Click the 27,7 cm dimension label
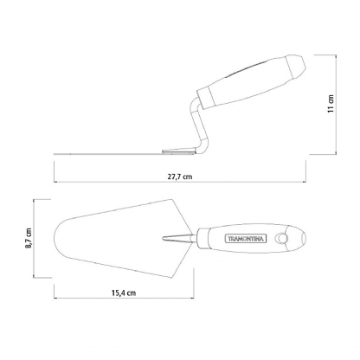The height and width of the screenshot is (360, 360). point(180,177)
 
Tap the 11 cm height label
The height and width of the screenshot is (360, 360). point(331,104)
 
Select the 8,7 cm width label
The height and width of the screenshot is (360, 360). point(29,238)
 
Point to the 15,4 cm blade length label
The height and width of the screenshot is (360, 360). point(124,292)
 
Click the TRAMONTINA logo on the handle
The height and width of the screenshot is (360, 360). point(246,238)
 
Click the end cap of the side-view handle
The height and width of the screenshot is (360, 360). point(296,67)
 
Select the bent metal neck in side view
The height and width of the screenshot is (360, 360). point(196,125)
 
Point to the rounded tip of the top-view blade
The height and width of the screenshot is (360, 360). point(55,238)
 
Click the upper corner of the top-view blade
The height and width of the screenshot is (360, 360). point(172,199)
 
